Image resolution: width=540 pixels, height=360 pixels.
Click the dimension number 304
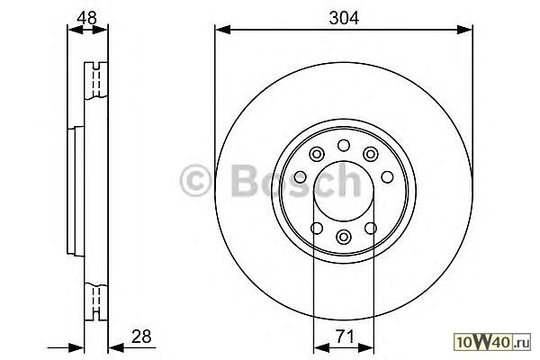(344, 18)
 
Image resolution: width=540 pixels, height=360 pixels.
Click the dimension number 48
(86, 18)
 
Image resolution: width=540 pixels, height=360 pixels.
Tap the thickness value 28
(141, 337)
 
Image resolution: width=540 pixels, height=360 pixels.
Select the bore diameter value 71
(345, 337)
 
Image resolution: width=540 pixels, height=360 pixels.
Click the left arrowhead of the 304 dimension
(222, 30)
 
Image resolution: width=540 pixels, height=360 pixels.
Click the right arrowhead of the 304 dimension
(464, 30)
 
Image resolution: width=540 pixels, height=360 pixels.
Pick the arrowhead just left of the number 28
(116, 347)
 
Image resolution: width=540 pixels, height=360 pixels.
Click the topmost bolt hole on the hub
(344, 146)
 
